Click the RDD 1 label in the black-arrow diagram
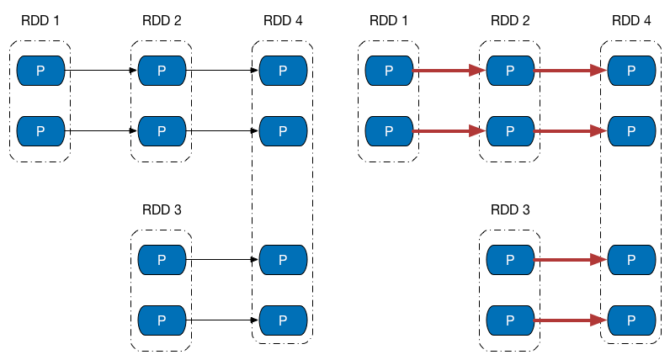pos(40,20)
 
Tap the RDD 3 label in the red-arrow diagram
pos(510,209)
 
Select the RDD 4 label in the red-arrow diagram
pos(631,20)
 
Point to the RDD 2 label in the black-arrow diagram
pos(162,20)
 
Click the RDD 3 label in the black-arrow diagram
pos(162,209)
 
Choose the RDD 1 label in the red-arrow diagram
pos(389,20)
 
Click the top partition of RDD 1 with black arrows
pos(40,71)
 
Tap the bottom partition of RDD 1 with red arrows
pos(389,131)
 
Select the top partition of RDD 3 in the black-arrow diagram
pos(162,260)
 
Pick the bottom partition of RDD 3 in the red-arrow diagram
pos(510,320)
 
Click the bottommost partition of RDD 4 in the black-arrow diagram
pos(283,320)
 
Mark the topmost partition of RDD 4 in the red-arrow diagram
pos(631,71)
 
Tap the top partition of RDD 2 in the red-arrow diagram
pos(510,71)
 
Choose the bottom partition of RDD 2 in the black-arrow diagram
pos(162,131)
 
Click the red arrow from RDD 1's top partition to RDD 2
pos(449,71)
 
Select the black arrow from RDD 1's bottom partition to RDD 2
pos(101,131)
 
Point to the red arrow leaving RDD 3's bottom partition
pos(571,320)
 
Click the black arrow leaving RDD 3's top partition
pos(222,260)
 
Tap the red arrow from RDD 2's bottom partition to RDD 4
pos(571,131)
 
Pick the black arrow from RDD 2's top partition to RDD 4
pos(222,71)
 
